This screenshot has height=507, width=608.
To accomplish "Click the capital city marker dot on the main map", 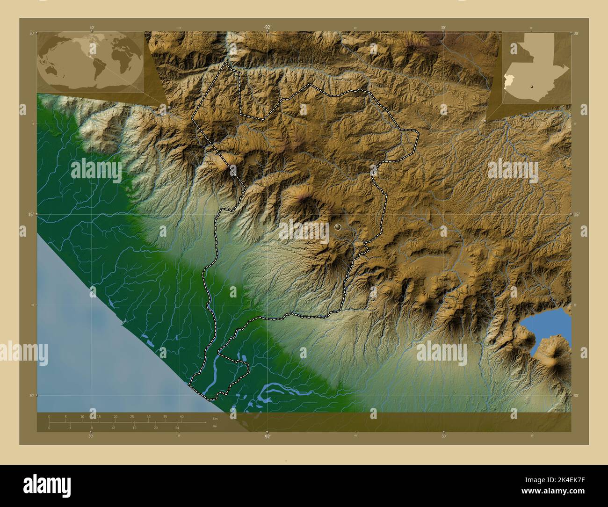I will pos(338,227).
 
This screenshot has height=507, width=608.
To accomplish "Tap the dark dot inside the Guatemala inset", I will pos(531,87).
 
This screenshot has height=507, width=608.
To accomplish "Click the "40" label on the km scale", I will pos(181,416).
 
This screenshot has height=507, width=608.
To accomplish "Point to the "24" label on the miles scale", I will pos(177,428).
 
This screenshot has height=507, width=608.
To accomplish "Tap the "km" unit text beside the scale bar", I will pos(215,419).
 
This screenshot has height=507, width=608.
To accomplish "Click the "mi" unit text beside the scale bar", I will pos(215,426).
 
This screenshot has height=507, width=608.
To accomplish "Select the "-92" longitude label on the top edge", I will pos(267,27).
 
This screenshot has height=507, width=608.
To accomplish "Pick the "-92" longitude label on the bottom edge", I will pos(267,436).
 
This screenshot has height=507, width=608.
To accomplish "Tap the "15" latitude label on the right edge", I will pos(576,214).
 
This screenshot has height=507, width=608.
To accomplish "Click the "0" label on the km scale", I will pos(49,416).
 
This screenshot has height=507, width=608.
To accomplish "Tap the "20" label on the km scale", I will pos(115,416).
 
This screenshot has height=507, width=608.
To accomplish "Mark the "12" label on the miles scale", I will pos(113,428).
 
